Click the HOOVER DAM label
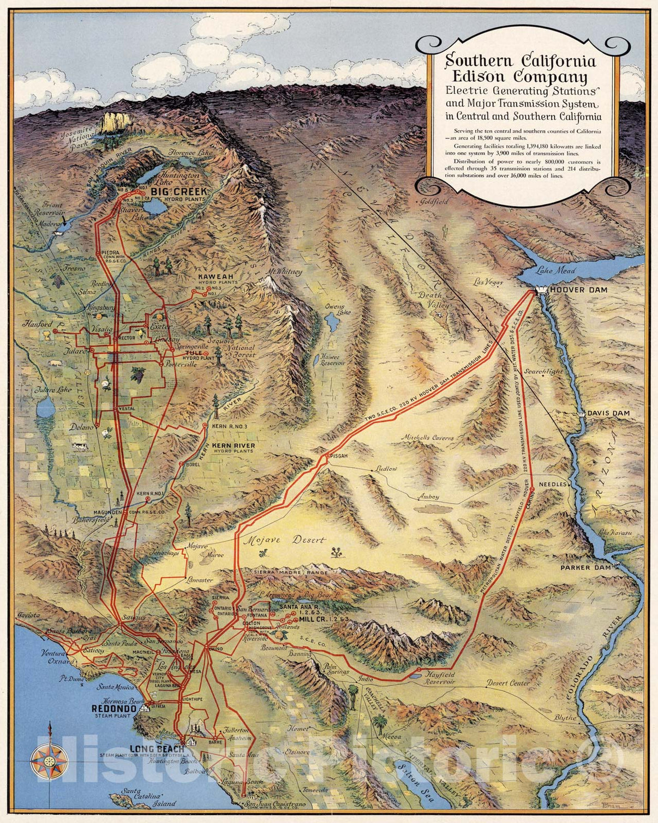pos(578,290)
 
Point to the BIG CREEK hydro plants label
pos(179,192)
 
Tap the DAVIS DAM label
pos(609,413)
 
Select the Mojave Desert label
pos(284,541)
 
